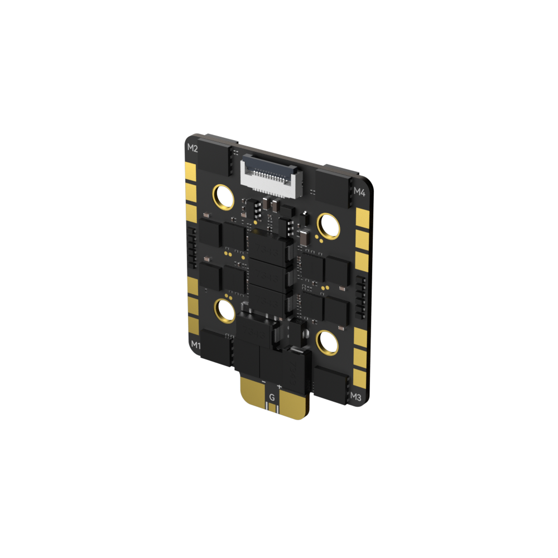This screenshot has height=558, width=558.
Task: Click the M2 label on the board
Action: [192, 148]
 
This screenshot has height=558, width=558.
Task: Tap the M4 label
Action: [359, 192]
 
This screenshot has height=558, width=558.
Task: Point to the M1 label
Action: [196, 345]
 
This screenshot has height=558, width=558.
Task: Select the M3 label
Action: [355, 397]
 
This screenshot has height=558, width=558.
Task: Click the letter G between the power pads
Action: [272, 397]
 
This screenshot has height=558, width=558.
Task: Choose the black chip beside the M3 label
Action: [330, 384]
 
